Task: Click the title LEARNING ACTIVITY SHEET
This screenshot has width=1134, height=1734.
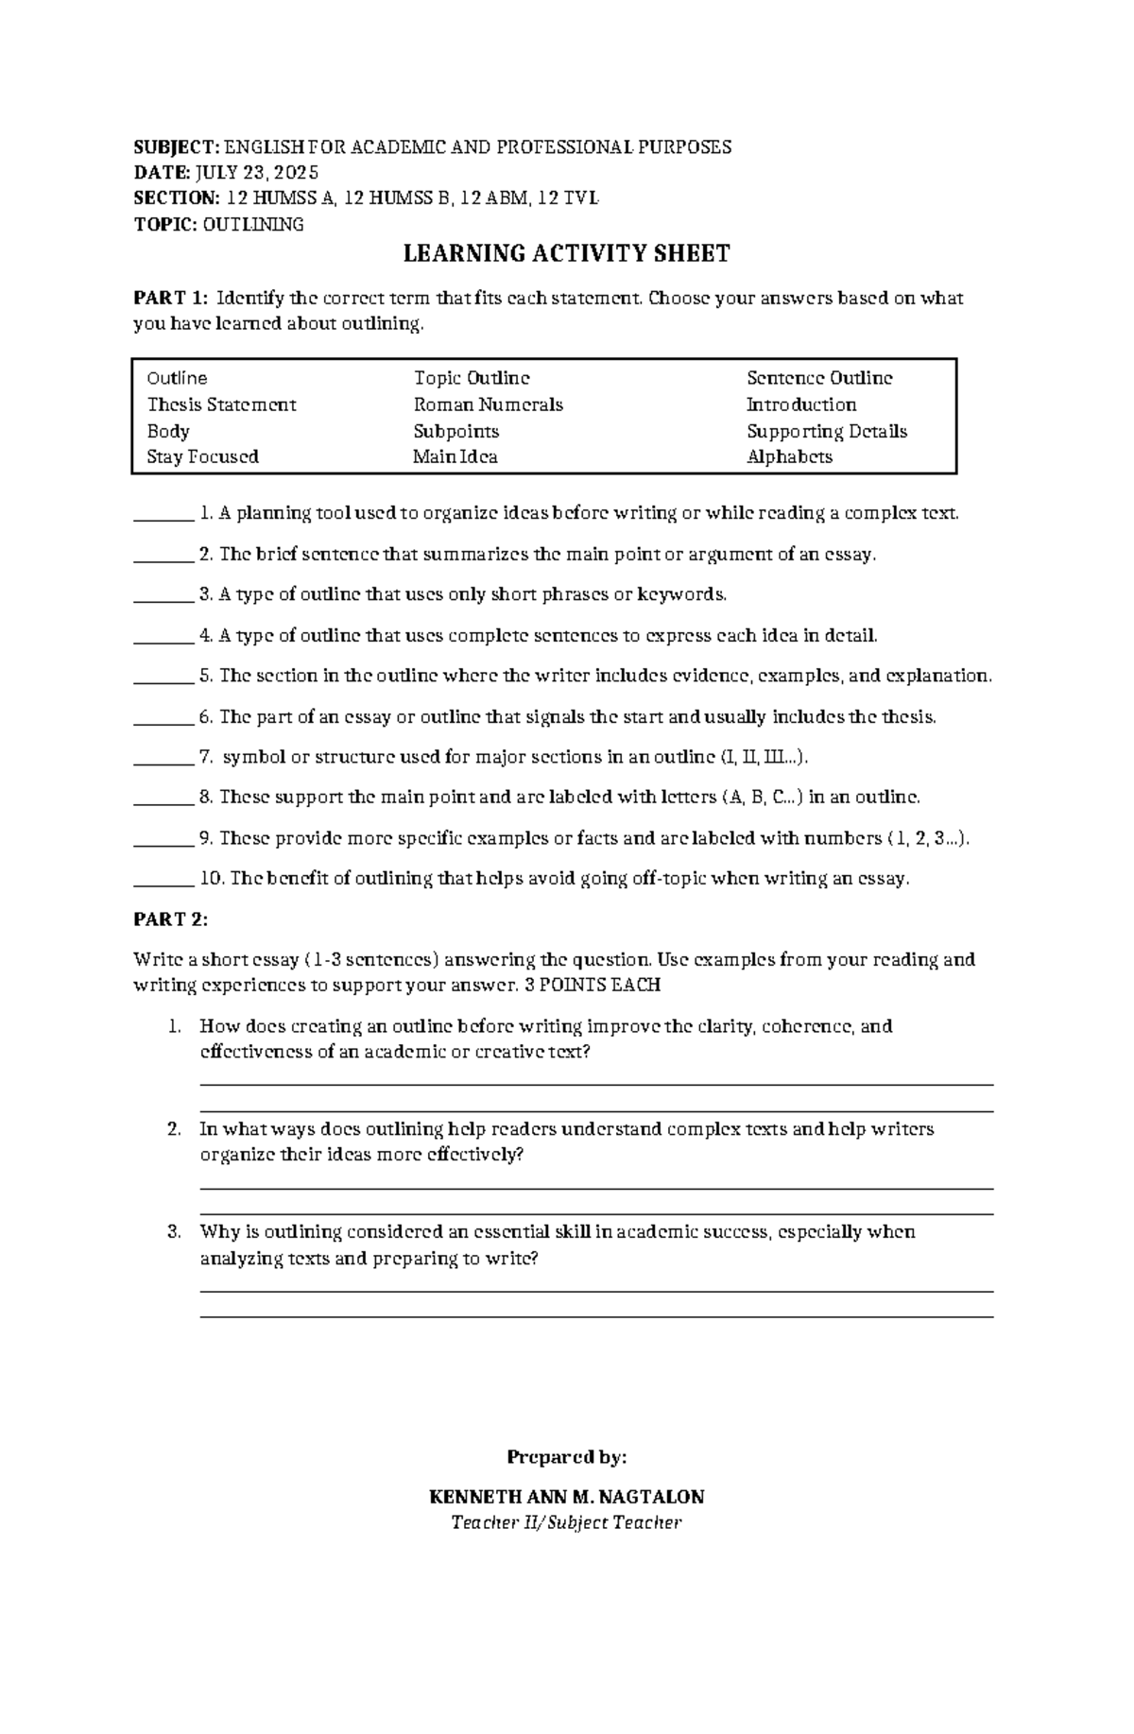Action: click(x=566, y=253)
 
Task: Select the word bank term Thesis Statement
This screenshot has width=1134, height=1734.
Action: click(x=221, y=404)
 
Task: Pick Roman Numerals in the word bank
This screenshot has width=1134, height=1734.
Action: click(x=488, y=404)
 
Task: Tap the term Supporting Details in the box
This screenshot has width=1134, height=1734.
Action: click(x=826, y=431)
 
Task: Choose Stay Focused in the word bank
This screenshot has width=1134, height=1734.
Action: click(x=202, y=456)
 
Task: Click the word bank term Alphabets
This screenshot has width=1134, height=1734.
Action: click(x=789, y=456)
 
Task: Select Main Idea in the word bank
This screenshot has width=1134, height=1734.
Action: click(x=455, y=456)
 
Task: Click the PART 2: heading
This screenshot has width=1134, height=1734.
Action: click(x=170, y=919)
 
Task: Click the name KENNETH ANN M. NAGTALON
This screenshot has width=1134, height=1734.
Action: click(x=566, y=1497)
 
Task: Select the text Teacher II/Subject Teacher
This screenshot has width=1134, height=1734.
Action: click(x=566, y=1522)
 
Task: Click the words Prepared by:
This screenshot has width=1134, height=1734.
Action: click(x=566, y=1456)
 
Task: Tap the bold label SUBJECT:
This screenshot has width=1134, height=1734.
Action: click(x=176, y=146)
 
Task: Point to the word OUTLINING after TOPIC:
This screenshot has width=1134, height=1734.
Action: click(x=253, y=224)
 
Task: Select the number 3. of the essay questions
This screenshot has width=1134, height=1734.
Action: click(x=174, y=1231)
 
